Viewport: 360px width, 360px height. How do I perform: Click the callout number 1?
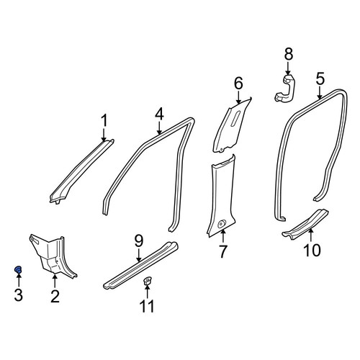104,120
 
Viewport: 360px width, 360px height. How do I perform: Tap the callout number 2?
55,296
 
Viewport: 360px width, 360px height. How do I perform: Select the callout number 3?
19,294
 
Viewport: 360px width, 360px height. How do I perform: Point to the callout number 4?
159,114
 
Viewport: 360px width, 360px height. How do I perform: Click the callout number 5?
320,78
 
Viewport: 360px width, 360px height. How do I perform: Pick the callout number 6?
238,84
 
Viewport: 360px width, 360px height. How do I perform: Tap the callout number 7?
223,251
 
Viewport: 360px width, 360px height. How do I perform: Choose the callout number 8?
289,54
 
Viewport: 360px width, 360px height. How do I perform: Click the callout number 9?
139,241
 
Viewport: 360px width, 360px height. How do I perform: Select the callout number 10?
312,250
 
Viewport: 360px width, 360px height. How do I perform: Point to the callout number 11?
147,306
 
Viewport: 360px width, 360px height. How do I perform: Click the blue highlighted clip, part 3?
18,269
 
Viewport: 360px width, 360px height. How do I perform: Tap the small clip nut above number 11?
147,281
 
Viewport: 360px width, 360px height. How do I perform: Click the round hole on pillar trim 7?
220,225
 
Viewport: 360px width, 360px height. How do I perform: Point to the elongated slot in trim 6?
235,118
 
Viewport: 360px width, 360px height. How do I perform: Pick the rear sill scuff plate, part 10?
305,224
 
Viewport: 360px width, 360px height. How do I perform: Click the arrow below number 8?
288,68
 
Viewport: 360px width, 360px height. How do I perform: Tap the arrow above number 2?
55,281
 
